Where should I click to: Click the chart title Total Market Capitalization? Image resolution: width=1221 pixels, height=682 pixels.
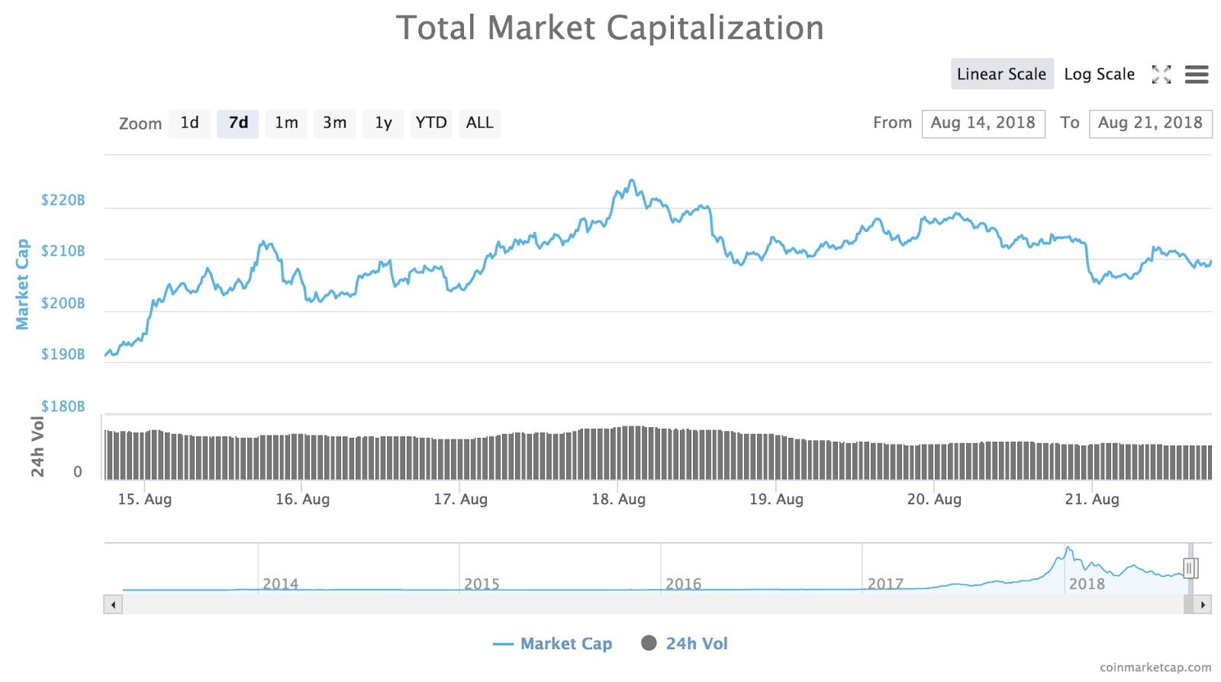(610, 28)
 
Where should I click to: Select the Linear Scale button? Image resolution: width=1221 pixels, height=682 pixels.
(1001, 74)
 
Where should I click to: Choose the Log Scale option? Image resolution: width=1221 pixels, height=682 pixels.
(1099, 74)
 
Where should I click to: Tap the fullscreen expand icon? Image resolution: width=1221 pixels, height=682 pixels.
(1161, 74)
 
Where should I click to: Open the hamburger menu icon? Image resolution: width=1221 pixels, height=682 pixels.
(1196, 74)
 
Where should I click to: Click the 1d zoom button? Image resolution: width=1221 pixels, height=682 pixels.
(189, 123)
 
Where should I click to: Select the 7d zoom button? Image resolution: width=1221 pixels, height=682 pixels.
(238, 123)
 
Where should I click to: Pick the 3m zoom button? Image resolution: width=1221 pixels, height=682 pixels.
(334, 123)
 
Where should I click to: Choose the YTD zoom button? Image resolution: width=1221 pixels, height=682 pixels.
(430, 123)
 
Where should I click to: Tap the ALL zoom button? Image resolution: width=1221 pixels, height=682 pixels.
(479, 123)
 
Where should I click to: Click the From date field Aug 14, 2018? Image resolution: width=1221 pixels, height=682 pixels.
(983, 123)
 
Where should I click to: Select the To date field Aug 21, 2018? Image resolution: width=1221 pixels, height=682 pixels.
(1150, 123)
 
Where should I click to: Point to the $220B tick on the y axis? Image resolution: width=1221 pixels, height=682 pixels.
(63, 201)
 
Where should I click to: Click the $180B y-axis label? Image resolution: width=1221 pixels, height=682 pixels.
(63, 407)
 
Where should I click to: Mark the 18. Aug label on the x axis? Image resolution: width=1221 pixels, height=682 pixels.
(618, 500)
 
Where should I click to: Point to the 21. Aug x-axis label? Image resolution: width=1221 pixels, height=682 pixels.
(1092, 500)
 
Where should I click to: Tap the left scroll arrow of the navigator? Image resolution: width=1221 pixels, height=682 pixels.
(113, 605)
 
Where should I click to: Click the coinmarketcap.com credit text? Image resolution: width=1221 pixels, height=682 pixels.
(1155, 668)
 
